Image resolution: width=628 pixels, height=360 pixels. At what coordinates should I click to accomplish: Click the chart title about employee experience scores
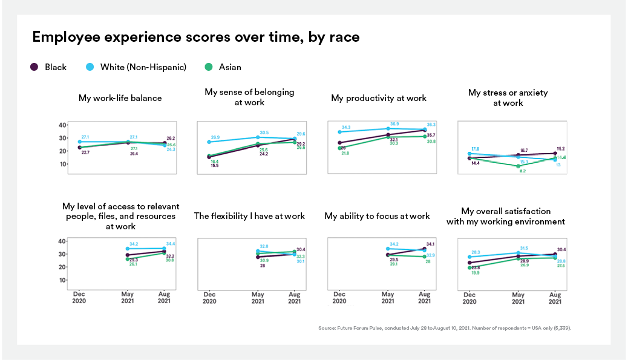click(x=195, y=38)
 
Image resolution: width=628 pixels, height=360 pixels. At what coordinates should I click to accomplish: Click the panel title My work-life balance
click(x=120, y=98)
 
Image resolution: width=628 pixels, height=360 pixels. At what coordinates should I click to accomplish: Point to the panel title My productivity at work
click(x=379, y=98)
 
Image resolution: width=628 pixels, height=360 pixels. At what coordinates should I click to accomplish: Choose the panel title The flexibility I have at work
click(x=249, y=216)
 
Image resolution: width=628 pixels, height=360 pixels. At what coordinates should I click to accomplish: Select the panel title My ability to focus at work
click(x=377, y=216)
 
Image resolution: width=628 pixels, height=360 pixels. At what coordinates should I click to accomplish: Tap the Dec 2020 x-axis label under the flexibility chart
click(x=209, y=297)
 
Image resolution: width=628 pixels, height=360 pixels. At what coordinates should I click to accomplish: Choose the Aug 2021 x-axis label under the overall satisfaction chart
click(x=555, y=297)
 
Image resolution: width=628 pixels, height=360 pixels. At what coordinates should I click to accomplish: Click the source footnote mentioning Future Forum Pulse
click(x=444, y=328)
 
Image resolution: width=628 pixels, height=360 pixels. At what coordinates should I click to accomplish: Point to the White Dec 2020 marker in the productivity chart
click(x=340, y=132)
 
